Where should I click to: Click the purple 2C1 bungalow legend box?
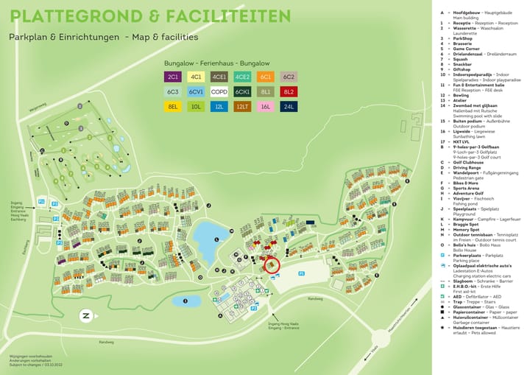coord(173,77)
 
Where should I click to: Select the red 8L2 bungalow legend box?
coord(289,91)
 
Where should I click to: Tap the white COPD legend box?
coord(219,91)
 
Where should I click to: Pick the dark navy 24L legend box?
coord(289,107)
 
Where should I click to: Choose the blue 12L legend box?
coord(219,107)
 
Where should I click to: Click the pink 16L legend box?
coord(266,107)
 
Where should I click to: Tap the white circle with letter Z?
coord(86,315)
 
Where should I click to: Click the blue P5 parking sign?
coord(302,273)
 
